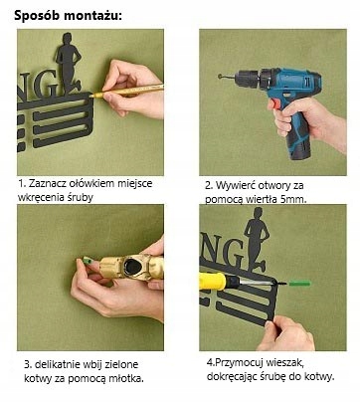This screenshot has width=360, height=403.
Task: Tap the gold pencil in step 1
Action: tap(127, 91)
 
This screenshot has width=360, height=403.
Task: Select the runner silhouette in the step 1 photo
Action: tap(69, 63)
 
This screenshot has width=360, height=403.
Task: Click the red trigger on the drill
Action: tap(271, 104)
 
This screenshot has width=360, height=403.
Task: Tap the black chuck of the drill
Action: tap(247, 80)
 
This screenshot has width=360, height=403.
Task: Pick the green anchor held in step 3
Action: tap(88, 261)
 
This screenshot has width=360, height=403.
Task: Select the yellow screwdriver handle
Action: tap(213, 282)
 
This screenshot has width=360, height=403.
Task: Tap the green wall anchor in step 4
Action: tap(299, 284)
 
